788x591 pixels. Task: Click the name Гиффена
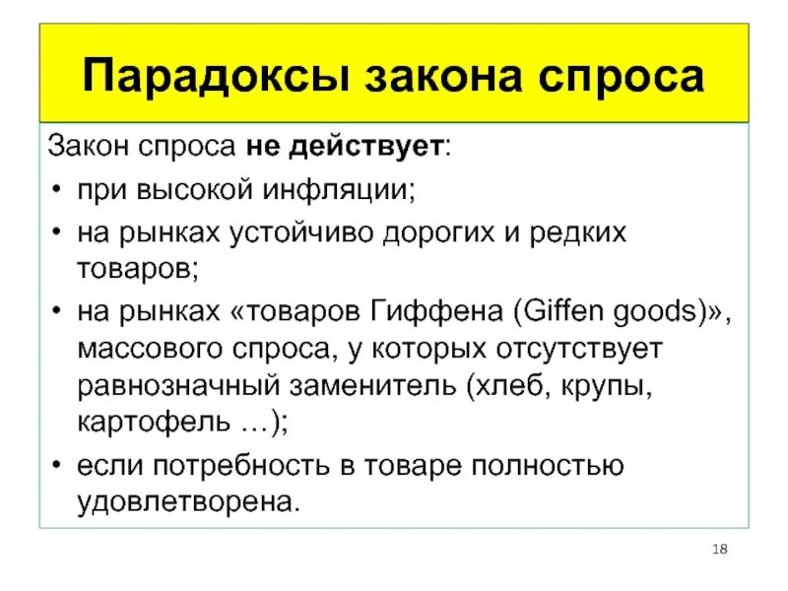(x=443, y=312)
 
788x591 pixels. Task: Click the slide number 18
(x=719, y=548)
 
